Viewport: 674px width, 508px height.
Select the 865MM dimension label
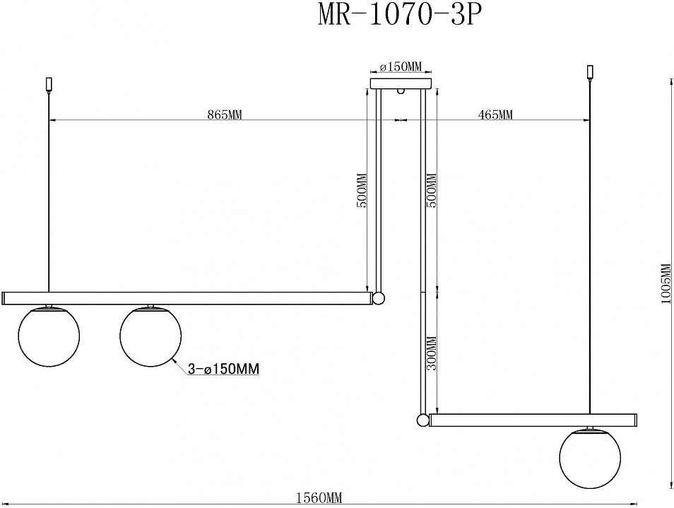[x=225, y=115]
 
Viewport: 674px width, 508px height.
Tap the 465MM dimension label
[x=495, y=115]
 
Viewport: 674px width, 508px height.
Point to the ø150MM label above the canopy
[x=401, y=67]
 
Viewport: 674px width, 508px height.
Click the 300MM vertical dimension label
[x=433, y=353]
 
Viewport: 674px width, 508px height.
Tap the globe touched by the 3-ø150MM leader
[x=150, y=336]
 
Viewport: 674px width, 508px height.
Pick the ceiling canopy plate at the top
[x=401, y=84]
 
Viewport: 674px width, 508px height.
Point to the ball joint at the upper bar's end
[x=379, y=298]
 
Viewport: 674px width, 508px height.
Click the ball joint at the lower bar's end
[x=422, y=420]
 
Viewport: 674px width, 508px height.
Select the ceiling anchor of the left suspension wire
[x=48, y=84]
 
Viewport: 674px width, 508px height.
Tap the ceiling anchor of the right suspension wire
[x=589, y=73]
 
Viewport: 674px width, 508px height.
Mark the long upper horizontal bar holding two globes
[x=187, y=298]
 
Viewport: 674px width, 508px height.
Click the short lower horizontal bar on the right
[x=536, y=420]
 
